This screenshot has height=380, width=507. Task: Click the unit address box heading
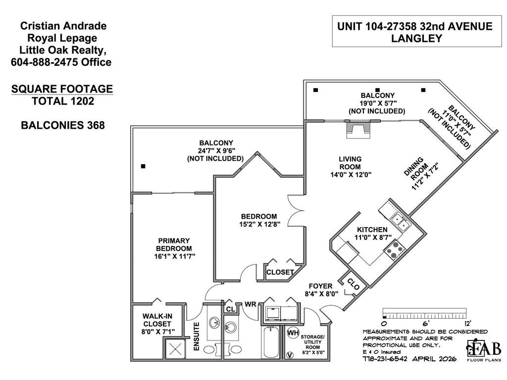tap(415, 32)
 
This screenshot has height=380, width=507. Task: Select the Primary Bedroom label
tap(174, 248)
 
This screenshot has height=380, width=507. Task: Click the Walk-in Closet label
tap(157, 324)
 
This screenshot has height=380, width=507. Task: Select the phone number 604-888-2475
tap(60, 62)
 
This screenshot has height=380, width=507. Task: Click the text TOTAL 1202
tap(63, 101)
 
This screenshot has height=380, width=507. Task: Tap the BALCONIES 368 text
tap(63, 125)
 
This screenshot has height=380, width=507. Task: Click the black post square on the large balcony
tap(143, 166)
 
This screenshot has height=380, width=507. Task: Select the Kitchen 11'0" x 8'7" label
tap(372, 234)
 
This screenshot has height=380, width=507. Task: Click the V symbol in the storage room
tap(289, 355)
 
